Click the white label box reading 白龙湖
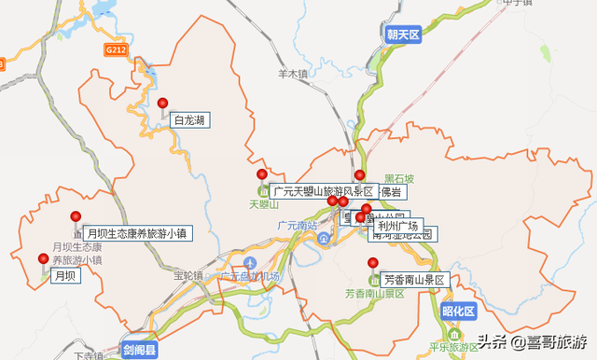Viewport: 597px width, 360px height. [189, 119]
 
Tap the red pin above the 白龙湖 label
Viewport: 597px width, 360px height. [162, 104]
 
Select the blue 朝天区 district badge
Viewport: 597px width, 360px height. [404, 35]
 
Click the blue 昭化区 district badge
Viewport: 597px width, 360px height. [458, 311]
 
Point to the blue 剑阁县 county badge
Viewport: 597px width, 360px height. [141, 350]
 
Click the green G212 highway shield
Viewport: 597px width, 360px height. [116, 48]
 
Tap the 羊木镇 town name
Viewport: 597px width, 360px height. [292, 73]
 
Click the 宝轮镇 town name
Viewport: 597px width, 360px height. [187, 276]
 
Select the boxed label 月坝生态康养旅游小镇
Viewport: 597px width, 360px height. [136, 233]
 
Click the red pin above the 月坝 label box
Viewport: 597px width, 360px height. [43, 258]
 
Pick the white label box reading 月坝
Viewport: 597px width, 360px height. [64, 275]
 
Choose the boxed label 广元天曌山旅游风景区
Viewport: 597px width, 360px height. [322, 191]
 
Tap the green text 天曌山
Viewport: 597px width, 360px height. [264, 203]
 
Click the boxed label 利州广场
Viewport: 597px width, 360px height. [396, 226]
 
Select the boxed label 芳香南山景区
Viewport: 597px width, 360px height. [415, 280]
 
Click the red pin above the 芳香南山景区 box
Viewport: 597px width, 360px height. [372, 263]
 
